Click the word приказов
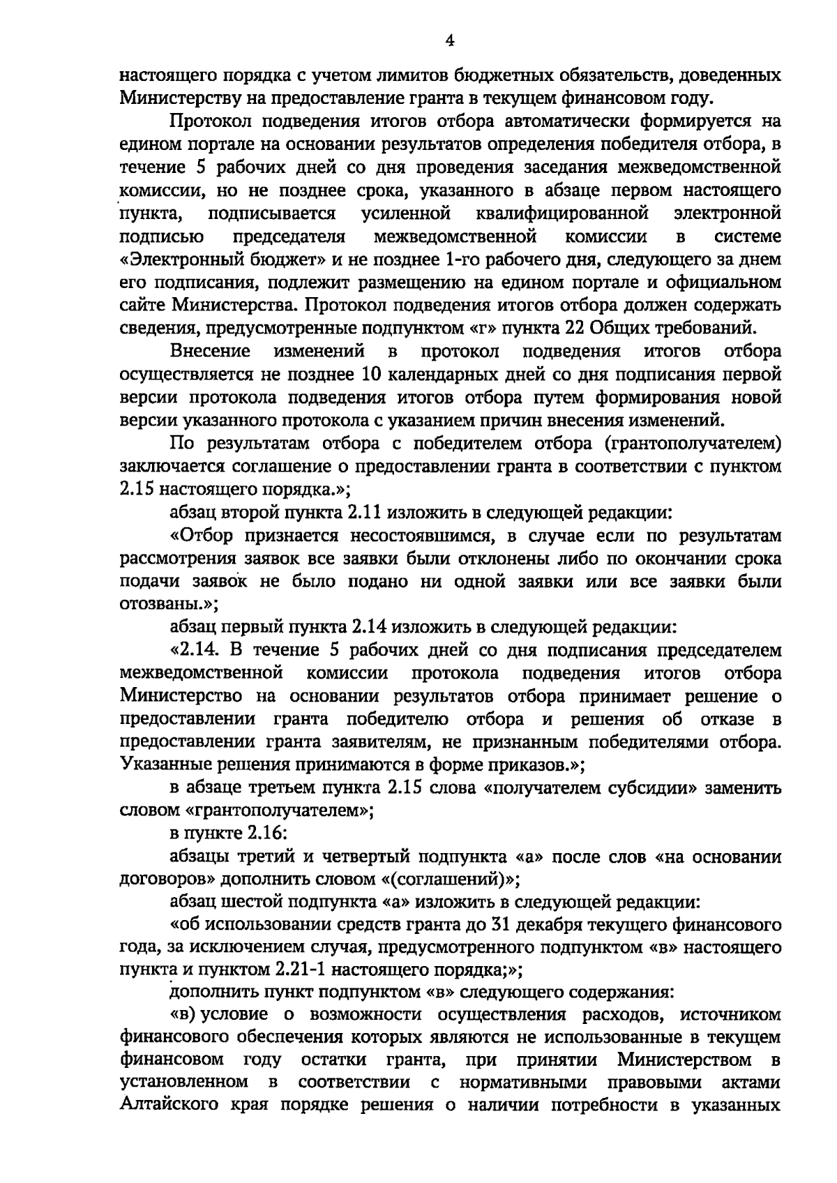coord(535,764)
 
